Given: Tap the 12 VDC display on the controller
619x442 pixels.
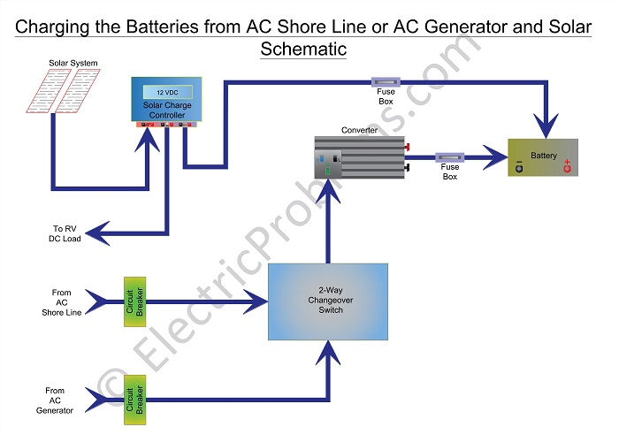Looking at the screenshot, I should pos(166,91).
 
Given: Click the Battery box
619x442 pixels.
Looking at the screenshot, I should pos(543,157).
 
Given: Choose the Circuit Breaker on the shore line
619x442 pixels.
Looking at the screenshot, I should pos(128,301).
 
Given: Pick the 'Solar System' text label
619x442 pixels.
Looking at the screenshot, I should pos(73,63).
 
